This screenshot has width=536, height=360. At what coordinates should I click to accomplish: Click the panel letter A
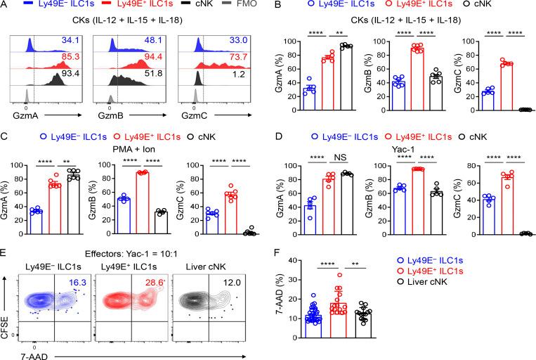click(x=6, y=6)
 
